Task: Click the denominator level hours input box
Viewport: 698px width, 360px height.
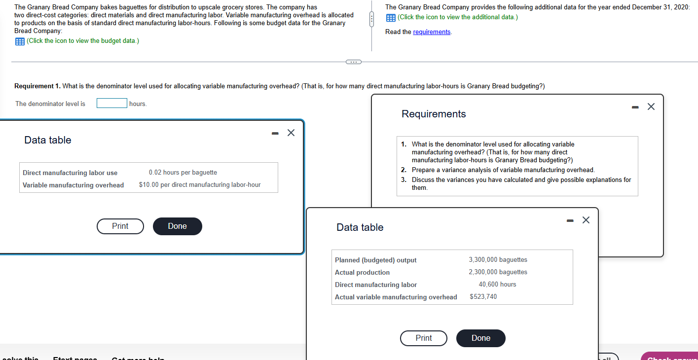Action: (x=112, y=103)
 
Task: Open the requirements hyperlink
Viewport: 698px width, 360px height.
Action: (x=432, y=32)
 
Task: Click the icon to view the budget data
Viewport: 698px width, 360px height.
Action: (x=20, y=41)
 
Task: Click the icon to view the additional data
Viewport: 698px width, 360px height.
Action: (x=390, y=18)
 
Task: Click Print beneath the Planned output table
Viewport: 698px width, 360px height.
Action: (x=423, y=338)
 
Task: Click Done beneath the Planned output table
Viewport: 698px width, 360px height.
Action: (x=480, y=338)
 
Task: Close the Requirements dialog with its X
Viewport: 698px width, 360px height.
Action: (x=651, y=107)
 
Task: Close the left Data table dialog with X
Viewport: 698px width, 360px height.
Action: (x=291, y=132)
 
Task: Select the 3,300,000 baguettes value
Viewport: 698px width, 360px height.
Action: (x=498, y=260)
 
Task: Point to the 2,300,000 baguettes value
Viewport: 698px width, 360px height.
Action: (x=498, y=272)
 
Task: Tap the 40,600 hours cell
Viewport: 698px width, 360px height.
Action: (x=497, y=285)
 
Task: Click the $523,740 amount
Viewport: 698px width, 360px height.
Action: (x=483, y=297)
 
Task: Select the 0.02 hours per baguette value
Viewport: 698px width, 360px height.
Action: (x=183, y=173)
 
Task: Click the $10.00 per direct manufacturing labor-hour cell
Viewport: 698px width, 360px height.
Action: (x=199, y=185)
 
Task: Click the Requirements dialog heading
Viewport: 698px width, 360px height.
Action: (x=434, y=114)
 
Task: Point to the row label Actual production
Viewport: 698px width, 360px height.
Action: (x=362, y=273)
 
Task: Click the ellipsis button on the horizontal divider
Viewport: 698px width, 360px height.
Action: (x=353, y=62)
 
